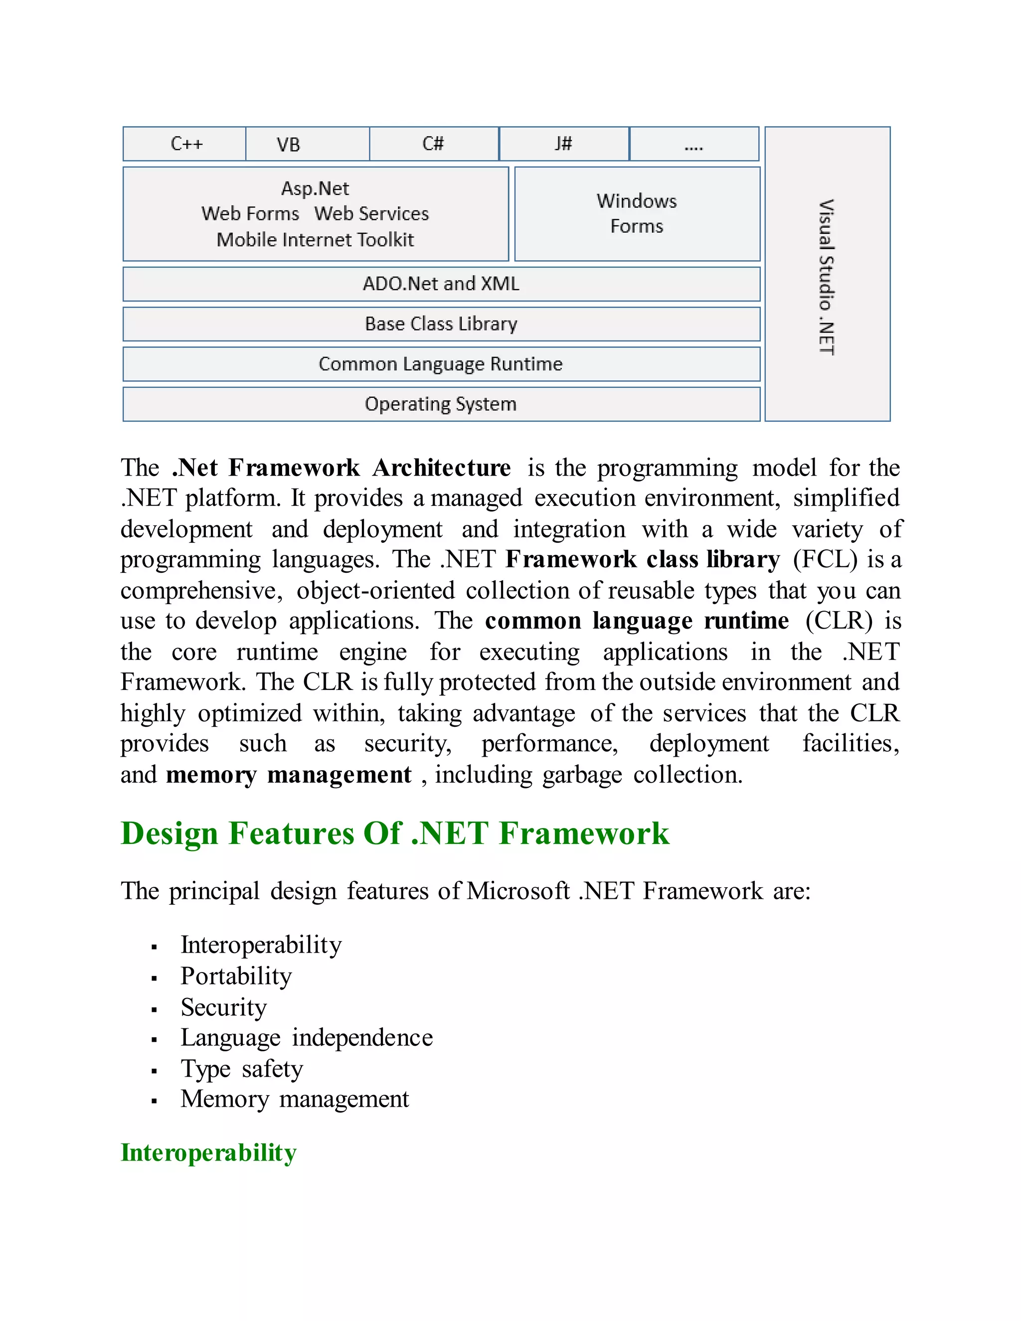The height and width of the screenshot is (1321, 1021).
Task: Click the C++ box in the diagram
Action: pyautogui.click(x=185, y=144)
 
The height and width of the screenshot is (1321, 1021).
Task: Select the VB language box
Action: pyautogui.click(x=307, y=144)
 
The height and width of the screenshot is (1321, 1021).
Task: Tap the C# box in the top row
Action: pyautogui.click(x=434, y=144)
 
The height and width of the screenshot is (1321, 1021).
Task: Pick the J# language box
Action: pyautogui.click(x=564, y=144)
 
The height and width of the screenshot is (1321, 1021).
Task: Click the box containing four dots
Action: pyautogui.click(x=694, y=144)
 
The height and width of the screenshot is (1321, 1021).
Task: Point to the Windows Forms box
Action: pyautogui.click(x=637, y=213)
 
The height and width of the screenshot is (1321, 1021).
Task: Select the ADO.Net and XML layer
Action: pyautogui.click(x=441, y=284)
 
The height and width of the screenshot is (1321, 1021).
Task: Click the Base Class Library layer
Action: pyautogui.click(x=441, y=324)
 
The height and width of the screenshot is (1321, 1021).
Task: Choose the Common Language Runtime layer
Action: pyautogui.click(x=441, y=364)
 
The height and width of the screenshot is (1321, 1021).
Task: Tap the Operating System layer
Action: pyautogui.click(x=441, y=404)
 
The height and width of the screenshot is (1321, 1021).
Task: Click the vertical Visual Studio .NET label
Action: pyautogui.click(x=827, y=277)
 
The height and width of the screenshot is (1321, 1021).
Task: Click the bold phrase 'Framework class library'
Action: pyautogui.click(x=642, y=559)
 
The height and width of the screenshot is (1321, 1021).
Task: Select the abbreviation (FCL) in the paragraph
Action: pyautogui.click(x=825, y=559)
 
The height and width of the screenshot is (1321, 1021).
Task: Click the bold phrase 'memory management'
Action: pyautogui.click(x=289, y=775)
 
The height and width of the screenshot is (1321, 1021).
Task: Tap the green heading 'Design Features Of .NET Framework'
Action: pyautogui.click(x=395, y=833)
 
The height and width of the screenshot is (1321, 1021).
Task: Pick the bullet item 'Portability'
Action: pyautogui.click(x=236, y=976)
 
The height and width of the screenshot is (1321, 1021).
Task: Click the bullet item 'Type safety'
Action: pyautogui.click(x=241, y=1069)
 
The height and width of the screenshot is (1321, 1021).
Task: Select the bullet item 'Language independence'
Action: pyautogui.click(x=307, y=1038)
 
